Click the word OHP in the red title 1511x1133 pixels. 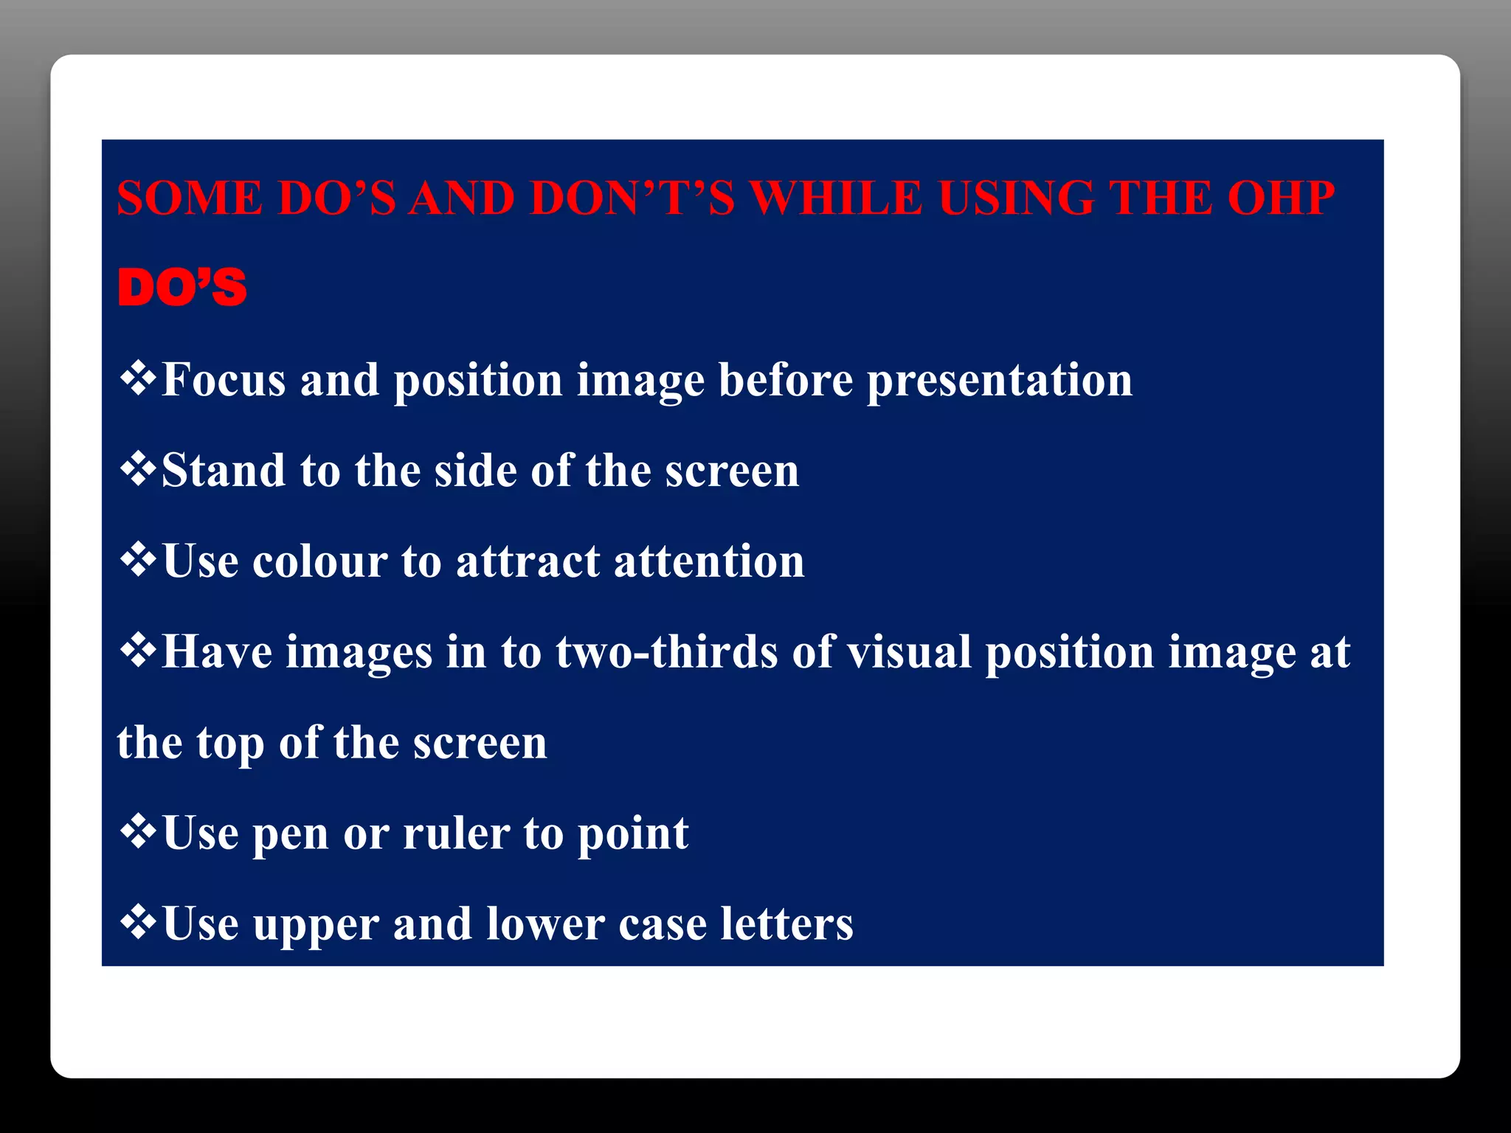1281,198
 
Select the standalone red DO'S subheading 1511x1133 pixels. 181,288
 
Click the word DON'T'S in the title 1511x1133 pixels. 632,198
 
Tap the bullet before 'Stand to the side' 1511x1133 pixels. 137,470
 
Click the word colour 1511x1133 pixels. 319,561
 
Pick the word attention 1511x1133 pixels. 708,561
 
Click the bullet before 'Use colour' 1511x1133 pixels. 137,561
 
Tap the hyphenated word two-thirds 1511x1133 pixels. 667,652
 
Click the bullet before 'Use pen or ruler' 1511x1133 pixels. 137,833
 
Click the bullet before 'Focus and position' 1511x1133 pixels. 137,379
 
